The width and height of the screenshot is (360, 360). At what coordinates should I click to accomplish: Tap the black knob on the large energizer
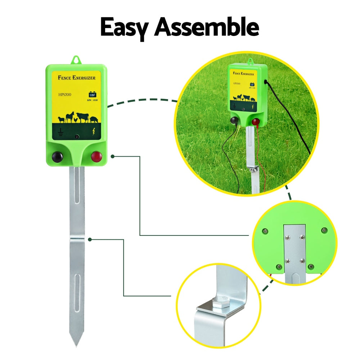(57, 157)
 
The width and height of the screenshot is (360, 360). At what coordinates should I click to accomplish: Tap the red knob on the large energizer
(96, 157)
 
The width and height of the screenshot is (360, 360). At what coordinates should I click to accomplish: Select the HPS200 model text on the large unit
(64, 96)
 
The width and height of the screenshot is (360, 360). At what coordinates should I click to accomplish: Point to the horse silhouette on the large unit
(70, 117)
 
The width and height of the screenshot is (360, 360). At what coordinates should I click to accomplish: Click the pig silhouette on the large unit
(94, 119)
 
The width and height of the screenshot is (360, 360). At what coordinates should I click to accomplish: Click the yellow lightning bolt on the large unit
(94, 132)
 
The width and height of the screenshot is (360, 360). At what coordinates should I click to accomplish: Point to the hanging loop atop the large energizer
(76, 59)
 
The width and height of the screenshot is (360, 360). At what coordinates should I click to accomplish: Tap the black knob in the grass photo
(234, 121)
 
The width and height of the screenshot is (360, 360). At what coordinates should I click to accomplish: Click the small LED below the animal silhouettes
(77, 136)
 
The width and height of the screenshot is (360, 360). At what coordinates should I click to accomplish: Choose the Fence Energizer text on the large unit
(76, 77)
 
